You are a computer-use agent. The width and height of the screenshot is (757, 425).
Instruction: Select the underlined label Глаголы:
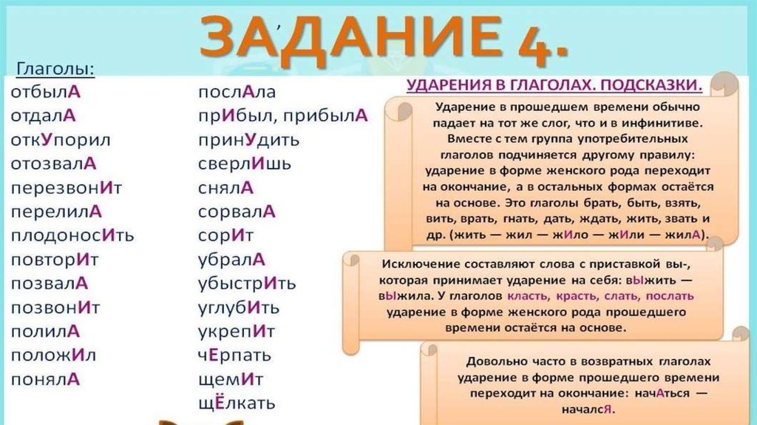coord(55,69)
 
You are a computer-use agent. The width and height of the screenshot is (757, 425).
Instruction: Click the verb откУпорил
coord(61,140)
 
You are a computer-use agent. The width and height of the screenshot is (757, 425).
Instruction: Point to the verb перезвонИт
coord(67,187)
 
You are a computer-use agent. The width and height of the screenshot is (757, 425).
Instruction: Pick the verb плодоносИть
coord(72,235)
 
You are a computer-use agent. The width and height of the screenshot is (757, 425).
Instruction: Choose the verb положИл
coord(53,355)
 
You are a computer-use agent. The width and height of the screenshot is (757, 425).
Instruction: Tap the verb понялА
coord(45,380)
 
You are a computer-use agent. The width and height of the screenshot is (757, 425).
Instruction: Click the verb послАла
coord(237,92)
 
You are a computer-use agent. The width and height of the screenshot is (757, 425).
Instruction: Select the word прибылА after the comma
coord(325,116)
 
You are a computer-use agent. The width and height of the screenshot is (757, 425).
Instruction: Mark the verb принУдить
coord(249,140)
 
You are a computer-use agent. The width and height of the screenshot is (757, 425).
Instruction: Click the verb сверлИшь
coord(245,164)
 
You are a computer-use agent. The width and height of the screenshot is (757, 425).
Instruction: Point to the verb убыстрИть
coord(247,284)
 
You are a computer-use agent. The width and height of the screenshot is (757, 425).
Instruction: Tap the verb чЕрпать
coord(234,355)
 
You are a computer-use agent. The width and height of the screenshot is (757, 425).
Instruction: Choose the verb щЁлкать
coord(237,404)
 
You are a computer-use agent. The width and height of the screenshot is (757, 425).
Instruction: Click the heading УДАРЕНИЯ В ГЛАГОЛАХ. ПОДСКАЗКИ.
coord(554,85)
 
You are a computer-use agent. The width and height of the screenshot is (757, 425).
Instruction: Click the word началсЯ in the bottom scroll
coord(586,409)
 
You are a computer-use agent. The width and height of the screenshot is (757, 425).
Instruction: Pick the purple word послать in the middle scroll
coord(670,296)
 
